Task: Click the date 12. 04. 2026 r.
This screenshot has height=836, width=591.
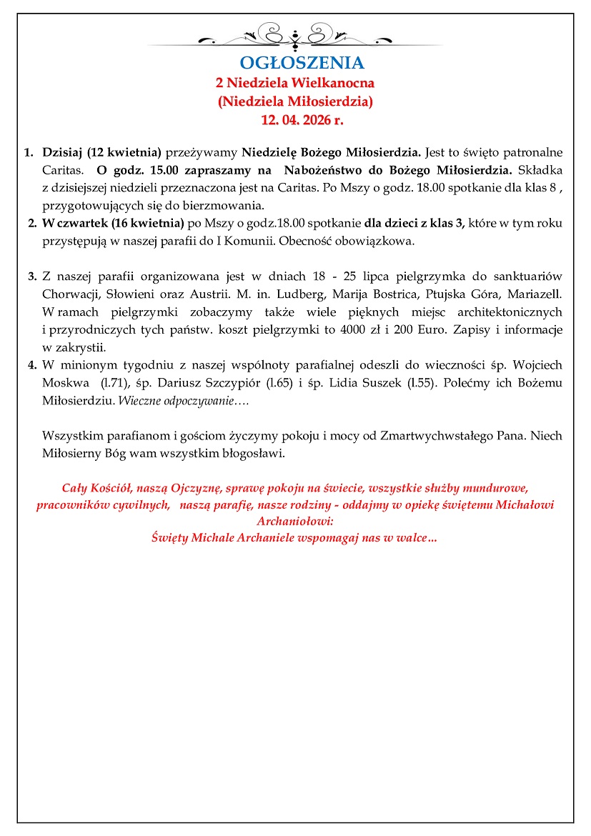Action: click(x=295, y=119)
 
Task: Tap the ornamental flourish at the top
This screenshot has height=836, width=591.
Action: click(x=295, y=34)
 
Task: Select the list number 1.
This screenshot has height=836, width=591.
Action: click(x=29, y=152)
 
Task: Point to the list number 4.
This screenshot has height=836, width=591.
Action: click(x=32, y=365)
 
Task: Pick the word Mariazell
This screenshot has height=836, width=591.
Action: click(x=535, y=294)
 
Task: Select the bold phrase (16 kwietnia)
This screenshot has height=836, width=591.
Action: click(x=147, y=224)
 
